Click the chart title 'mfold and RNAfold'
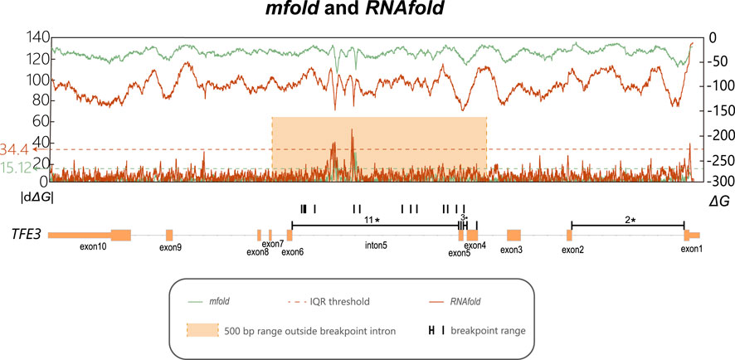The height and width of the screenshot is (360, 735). click(x=367, y=12)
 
